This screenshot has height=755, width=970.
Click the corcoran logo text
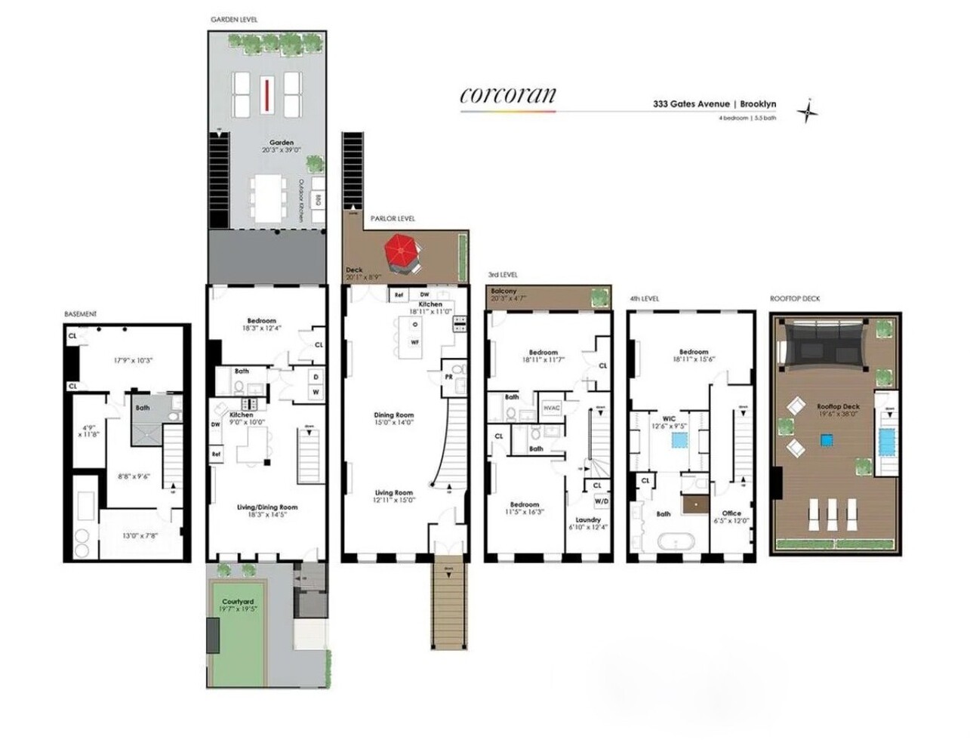pyautogui.click(x=507, y=94)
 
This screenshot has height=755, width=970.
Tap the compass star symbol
pyautogui.click(x=809, y=112)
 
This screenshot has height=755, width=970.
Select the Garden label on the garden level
pyautogui.click(x=282, y=143)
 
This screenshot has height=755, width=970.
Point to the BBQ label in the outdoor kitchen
pyautogui.click(x=318, y=202)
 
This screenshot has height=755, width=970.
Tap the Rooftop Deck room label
pyautogui.click(x=838, y=407)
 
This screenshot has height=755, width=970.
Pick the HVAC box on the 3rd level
pyautogui.click(x=552, y=408)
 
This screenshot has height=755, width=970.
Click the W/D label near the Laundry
pyautogui.click(x=602, y=501)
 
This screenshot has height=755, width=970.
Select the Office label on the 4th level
pyautogui.click(x=731, y=513)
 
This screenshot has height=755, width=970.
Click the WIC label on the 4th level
pyautogui.click(x=669, y=419)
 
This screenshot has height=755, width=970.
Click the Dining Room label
pyautogui.click(x=393, y=415)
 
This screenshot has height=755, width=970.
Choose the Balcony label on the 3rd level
pyautogui.click(x=503, y=291)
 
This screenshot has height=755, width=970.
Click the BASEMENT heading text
pyautogui.click(x=81, y=313)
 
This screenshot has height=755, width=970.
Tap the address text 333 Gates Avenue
pyautogui.click(x=691, y=104)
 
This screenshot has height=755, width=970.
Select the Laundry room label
pyautogui.click(x=588, y=519)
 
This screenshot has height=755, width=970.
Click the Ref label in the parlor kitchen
pyautogui.click(x=399, y=295)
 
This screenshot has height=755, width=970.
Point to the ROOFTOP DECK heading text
pyautogui.click(x=794, y=299)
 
